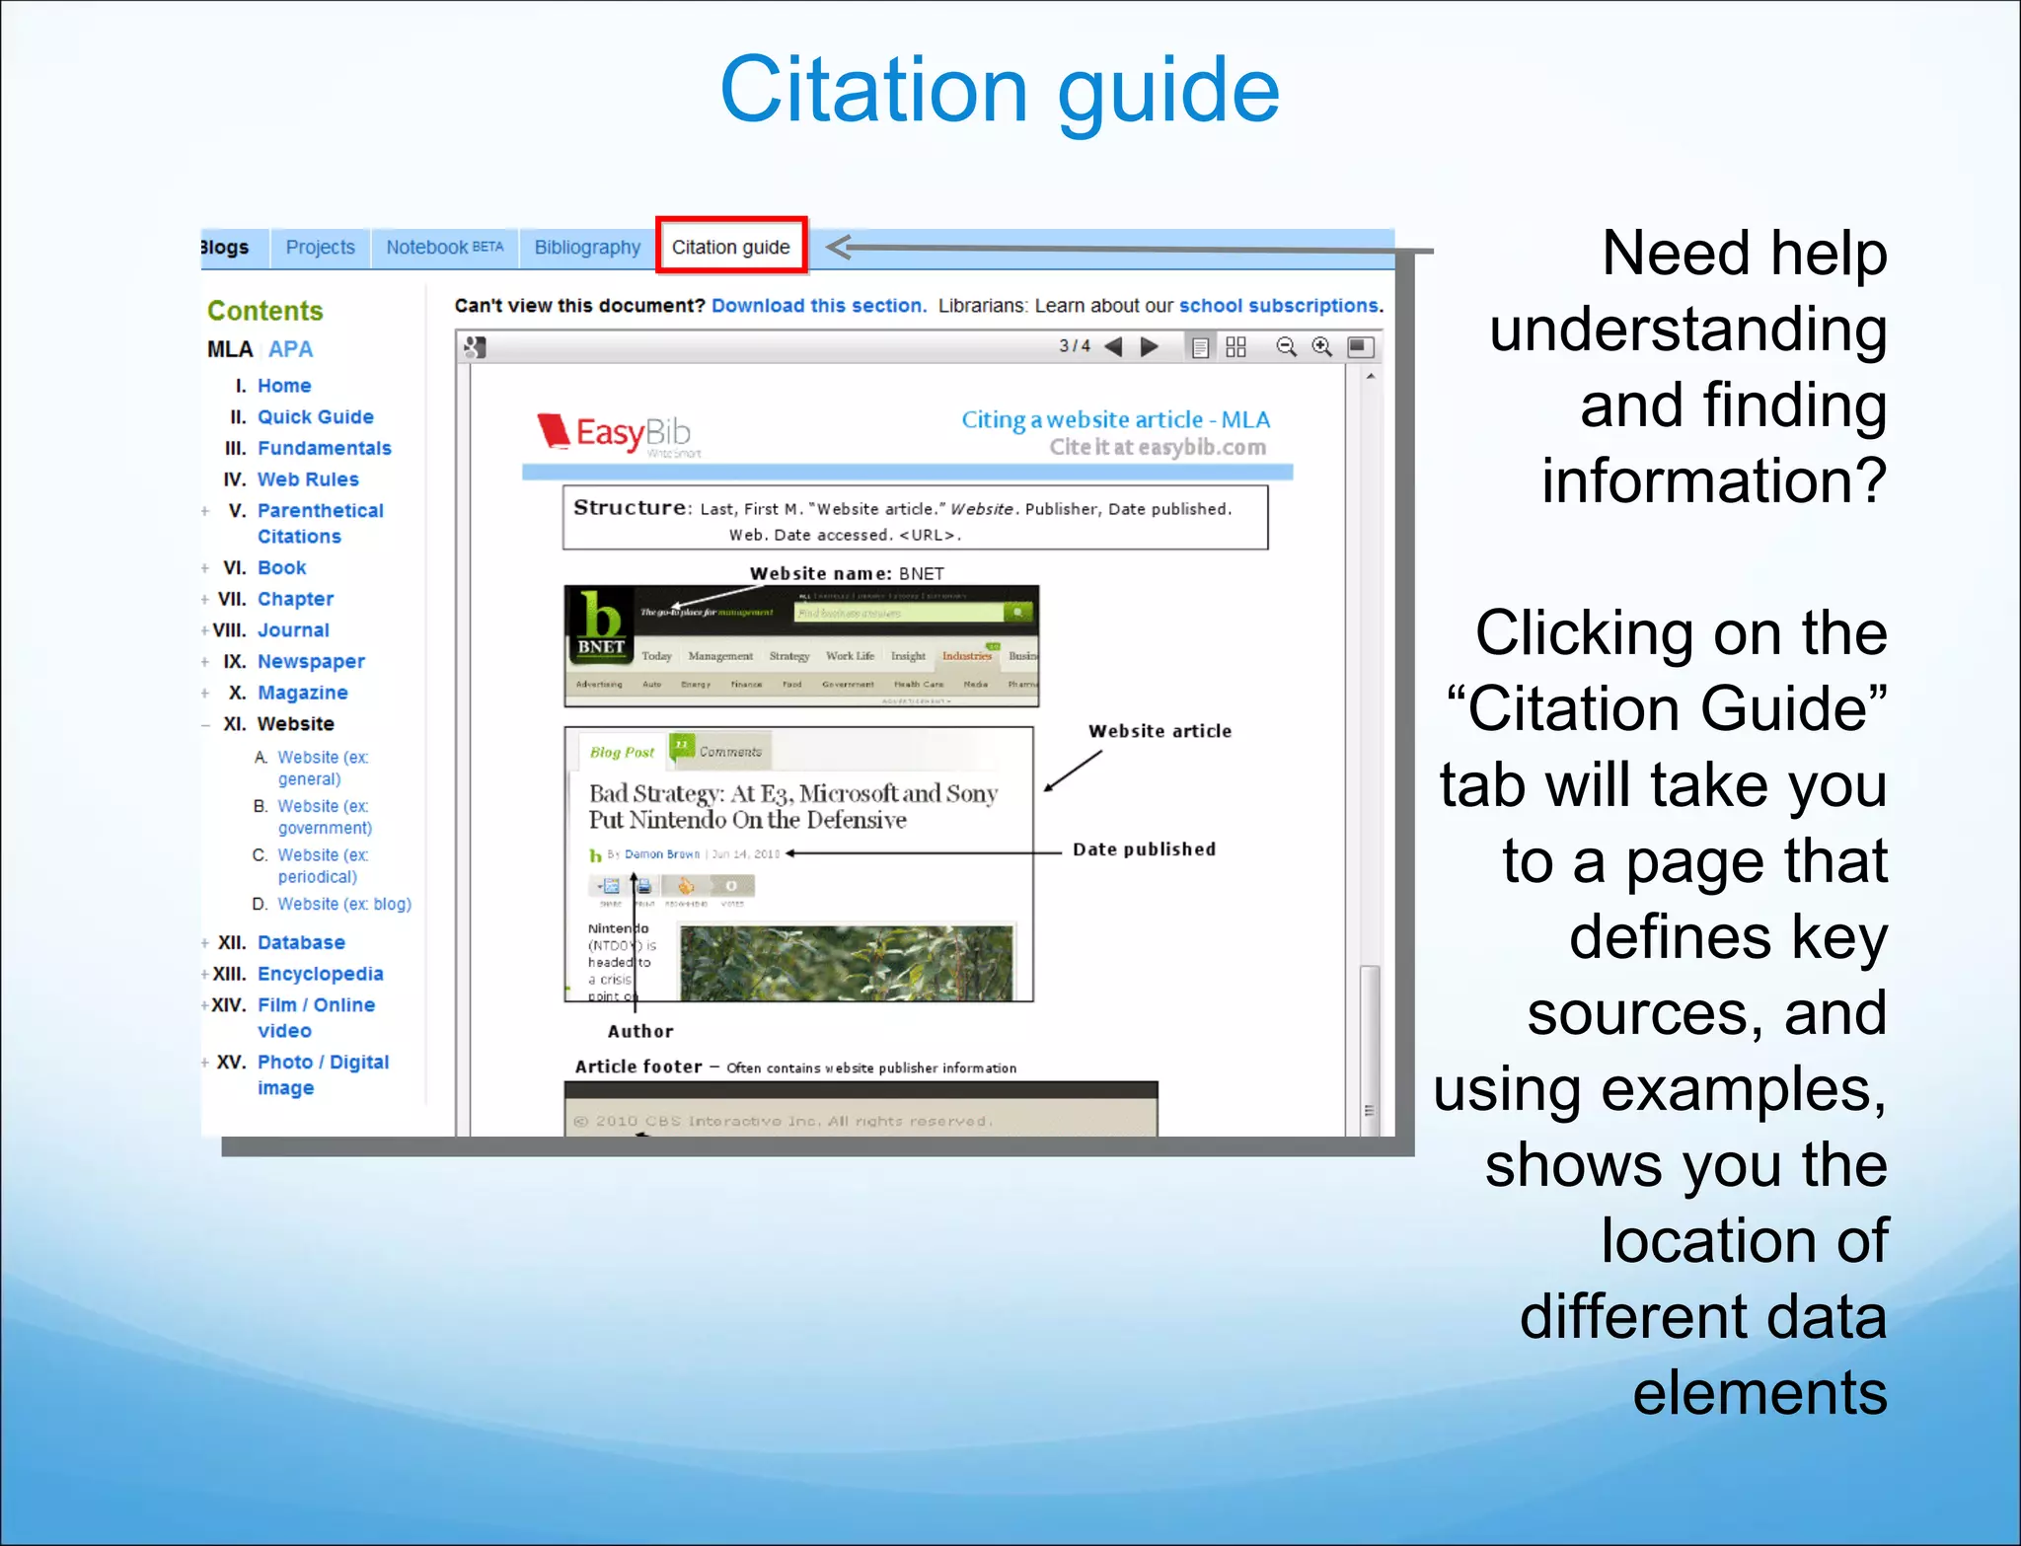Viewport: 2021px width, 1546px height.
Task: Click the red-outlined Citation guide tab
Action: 730,247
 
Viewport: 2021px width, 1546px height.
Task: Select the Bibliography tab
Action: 587,247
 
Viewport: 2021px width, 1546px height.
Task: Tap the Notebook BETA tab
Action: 444,247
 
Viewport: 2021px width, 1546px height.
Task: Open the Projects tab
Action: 320,247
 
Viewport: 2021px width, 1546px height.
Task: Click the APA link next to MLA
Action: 290,349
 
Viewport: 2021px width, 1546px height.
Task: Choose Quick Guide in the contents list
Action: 315,416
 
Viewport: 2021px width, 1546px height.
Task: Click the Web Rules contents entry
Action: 308,479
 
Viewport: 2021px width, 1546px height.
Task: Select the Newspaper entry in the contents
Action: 311,661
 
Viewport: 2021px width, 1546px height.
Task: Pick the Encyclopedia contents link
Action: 320,974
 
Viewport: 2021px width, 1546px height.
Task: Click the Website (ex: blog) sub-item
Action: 343,904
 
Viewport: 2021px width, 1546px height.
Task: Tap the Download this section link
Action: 818,306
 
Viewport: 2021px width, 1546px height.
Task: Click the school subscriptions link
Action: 1279,306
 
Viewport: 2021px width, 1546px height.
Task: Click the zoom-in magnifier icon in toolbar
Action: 1321,346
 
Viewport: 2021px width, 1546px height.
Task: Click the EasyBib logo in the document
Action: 615,432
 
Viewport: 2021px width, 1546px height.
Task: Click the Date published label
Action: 1144,849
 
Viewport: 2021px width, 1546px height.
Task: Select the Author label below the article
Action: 640,1031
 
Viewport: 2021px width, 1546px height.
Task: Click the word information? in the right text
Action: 1714,480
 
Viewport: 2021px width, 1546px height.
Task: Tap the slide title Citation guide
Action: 1000,91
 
